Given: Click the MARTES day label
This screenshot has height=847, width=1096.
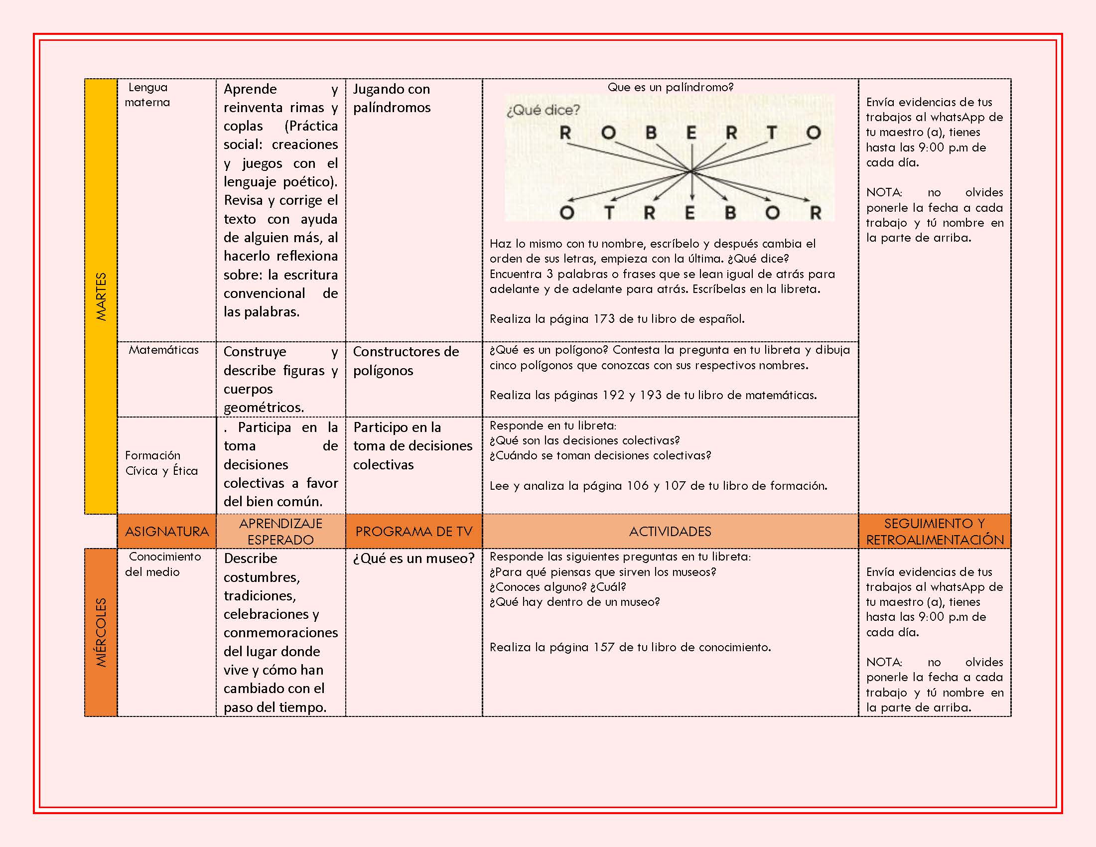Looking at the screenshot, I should [101, 296].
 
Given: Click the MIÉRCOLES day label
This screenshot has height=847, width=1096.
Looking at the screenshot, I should [101, 632].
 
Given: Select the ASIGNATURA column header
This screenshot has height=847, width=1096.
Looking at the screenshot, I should [166, 532].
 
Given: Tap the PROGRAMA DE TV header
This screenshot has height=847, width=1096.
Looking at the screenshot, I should [413, 532].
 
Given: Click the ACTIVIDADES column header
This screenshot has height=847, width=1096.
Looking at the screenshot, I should [670, 532].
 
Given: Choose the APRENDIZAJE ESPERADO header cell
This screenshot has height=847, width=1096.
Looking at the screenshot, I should [280, 532].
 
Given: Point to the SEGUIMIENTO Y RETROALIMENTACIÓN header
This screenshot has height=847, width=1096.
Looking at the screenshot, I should [935, 532].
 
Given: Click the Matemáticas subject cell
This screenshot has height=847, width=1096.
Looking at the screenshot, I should [163, 350].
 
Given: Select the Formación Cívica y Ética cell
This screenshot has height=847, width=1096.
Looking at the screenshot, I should [161, 463].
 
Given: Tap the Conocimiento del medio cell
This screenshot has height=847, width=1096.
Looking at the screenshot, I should [163, 564].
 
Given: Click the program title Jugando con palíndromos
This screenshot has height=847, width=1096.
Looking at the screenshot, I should [392, 98].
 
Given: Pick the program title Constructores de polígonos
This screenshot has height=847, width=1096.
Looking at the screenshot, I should [406, 361].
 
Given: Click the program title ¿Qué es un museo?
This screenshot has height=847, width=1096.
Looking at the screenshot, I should [413, 559].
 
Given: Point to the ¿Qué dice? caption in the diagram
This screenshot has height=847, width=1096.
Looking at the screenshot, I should [543, 110].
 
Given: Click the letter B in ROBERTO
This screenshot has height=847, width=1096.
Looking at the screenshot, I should [651, 133].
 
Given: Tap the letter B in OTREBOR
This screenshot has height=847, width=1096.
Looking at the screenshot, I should [730, 213].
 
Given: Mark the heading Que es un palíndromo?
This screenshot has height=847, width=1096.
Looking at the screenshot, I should [671, 87].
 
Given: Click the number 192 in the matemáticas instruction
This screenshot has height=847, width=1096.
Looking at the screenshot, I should [613, 396].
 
